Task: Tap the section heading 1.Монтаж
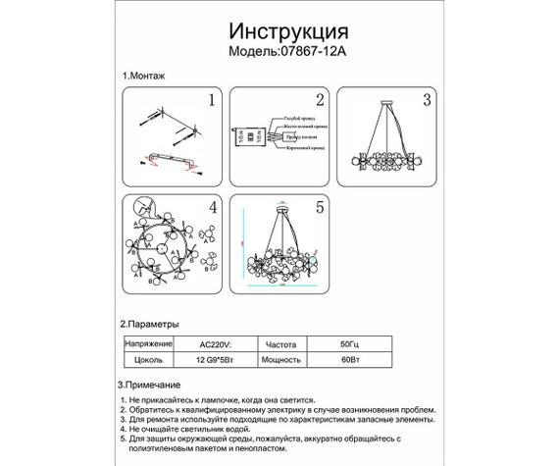pos(144,76)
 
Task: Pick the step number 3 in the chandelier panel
pos(426,100)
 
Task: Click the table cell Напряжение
pos(147,344)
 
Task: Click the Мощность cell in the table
pos(281,360)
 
